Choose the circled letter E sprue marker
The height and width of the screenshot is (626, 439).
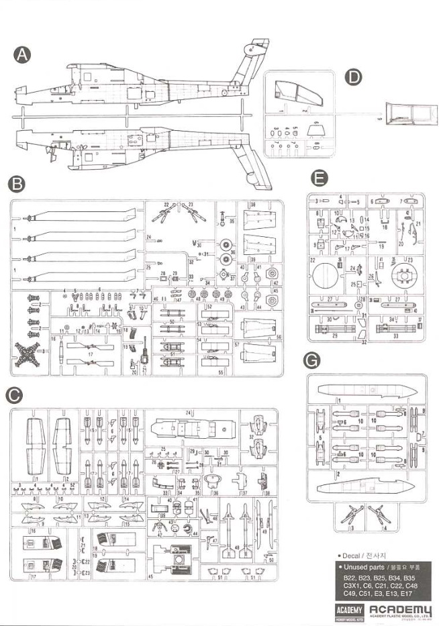click(x=320, y=178)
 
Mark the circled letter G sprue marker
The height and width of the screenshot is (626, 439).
click(x=310, y=361)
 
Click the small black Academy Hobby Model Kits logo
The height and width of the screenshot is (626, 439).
click(x=349, y=611)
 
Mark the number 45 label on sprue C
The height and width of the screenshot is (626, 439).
click(x=150, y=576)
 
